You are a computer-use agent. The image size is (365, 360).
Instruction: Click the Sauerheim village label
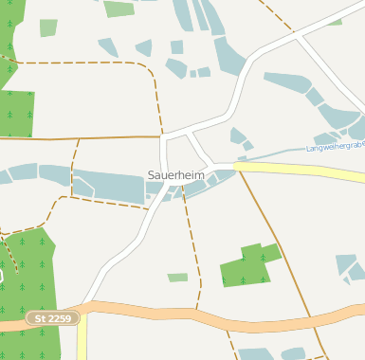pyautogui.click(x=176, y=175)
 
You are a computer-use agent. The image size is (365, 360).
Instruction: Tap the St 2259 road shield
pyautogui.click(x=52, y=319)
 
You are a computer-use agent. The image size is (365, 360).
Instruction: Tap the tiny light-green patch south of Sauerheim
pyautogui.click(x=177, y=278)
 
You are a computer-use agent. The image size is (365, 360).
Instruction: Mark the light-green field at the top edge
pyautogui.click(x=119, y=9)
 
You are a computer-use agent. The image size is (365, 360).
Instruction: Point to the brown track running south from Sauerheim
pyautogui.click(x=192, y=246)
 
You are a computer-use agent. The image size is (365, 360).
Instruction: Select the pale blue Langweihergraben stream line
pyautogui.click(x=275, y=153)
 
